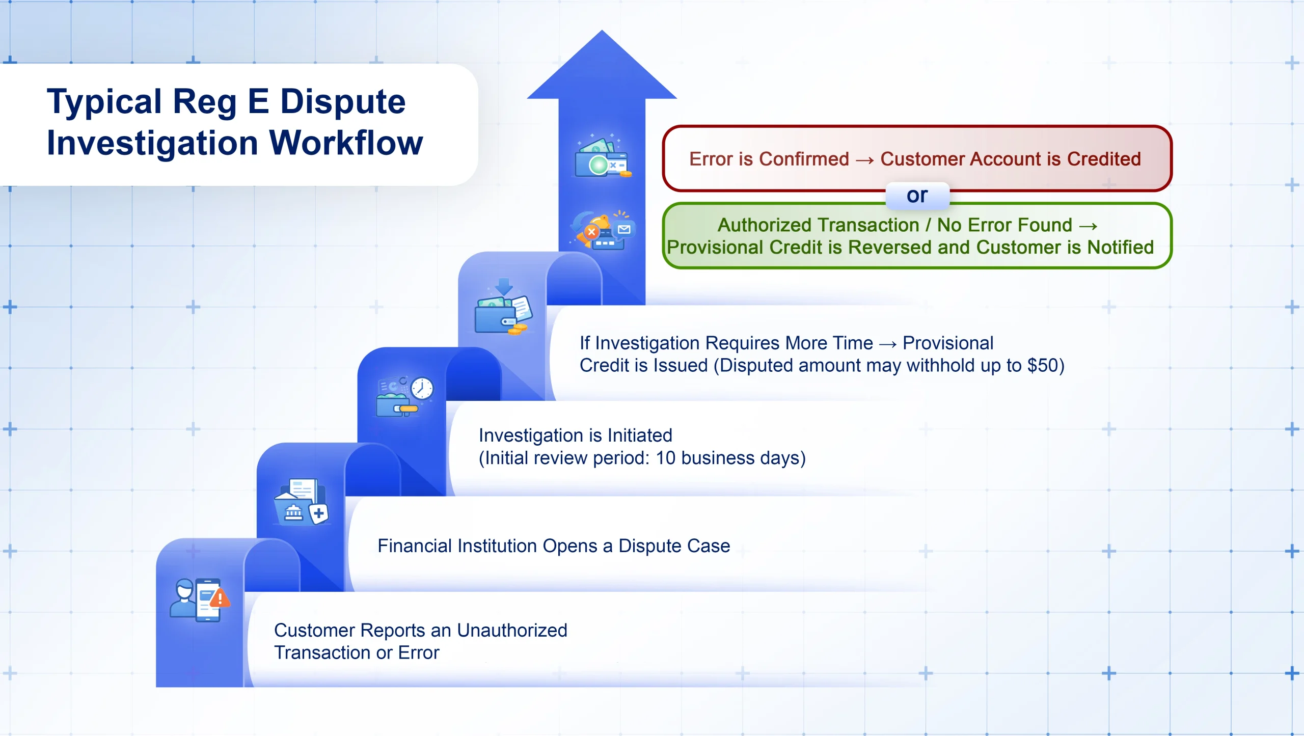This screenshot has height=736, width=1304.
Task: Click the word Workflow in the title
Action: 346,143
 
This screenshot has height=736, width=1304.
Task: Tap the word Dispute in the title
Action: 343,101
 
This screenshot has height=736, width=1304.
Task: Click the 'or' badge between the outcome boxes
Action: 917,196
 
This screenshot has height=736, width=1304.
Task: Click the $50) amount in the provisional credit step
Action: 1045,366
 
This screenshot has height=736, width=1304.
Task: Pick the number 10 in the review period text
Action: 665,458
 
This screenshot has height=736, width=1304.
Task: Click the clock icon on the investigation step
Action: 422,389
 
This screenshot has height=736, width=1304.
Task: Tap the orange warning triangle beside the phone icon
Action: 220,597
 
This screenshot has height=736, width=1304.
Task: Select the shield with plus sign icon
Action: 319,513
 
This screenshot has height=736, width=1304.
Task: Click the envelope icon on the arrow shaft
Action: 624,230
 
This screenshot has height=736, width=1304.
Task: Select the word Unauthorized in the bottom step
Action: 512,631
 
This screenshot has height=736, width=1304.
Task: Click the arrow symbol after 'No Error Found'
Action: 1088,226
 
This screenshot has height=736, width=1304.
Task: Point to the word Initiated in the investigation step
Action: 640,435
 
